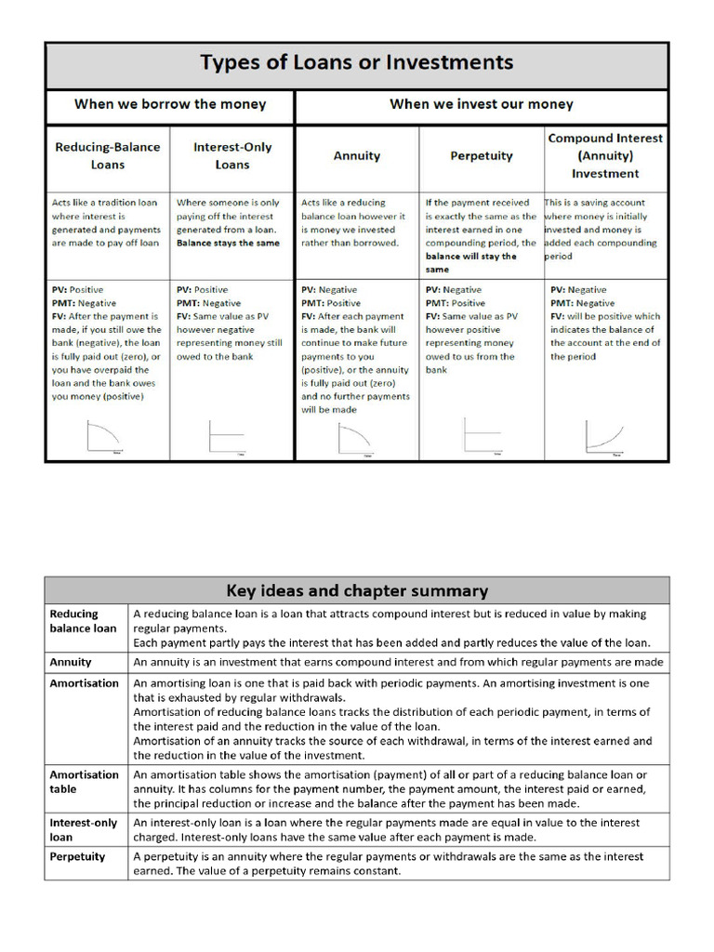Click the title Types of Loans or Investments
click(x=357, y=64)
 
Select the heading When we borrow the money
click(x=170, y=104)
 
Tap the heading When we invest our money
click(x=481, y=104)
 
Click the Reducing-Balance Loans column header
click(x=107, y=155)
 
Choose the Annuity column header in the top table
click(x=356, y=156)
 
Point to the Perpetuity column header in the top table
click(x=481, y=156)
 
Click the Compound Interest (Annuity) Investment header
click(x=605, y=155)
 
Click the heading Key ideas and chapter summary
click(x=357, y=591)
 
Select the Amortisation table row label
click(x=84, y=782)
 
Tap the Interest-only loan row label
click(x=84, y=829)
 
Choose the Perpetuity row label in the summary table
click(x=77, y=856)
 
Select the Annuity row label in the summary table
click(x=71, y=662)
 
